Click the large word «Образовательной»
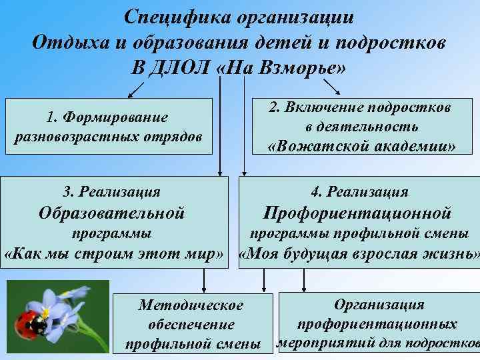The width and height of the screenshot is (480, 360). [x=111, y=213]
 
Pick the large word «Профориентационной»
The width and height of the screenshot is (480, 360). [x=358, y=213]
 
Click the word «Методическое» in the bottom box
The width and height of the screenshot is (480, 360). [x=191, y=305]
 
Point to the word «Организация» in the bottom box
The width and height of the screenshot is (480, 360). [x=379, y=304]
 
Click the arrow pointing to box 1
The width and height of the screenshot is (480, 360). [x=136, y=88]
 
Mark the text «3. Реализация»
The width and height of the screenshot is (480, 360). [x=111, y=192]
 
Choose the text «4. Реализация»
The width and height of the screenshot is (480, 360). [x=359, y=192]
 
